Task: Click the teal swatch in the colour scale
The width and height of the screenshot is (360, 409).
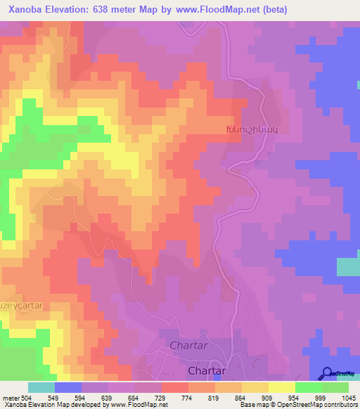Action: (41, 387)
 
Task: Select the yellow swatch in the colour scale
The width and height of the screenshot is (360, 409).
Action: (282, 387)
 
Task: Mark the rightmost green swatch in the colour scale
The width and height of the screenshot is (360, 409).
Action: (335, 387)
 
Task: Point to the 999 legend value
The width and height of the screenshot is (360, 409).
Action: (322, 397)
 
